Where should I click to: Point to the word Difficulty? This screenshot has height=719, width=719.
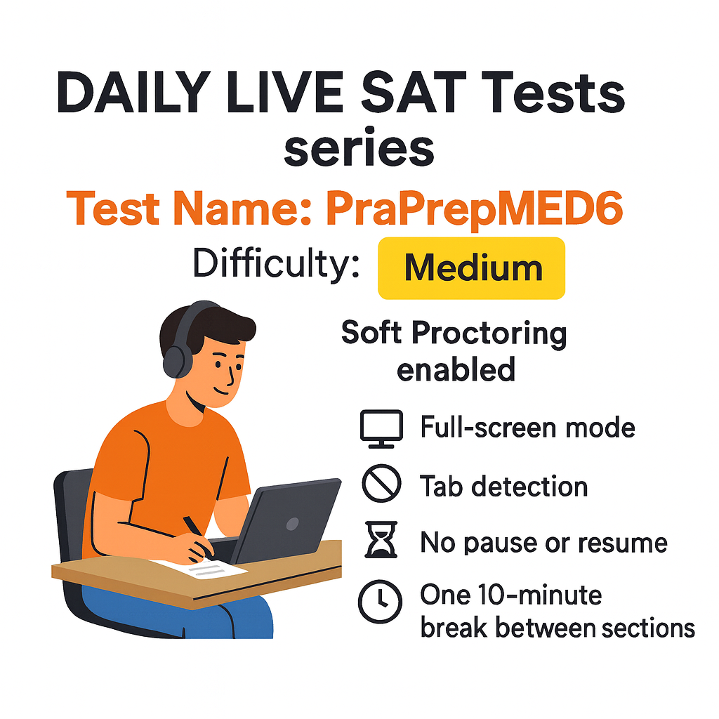pos(277,265)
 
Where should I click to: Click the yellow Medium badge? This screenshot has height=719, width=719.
pos(472,268)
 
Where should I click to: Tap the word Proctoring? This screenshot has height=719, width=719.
pos(489,334)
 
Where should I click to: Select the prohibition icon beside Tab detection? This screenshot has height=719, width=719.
pos(381,484)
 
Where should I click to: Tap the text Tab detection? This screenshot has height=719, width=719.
pos(503,486)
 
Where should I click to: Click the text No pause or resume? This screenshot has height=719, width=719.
pos(543,543)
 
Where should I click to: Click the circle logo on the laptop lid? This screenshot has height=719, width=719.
pos(291,523)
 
